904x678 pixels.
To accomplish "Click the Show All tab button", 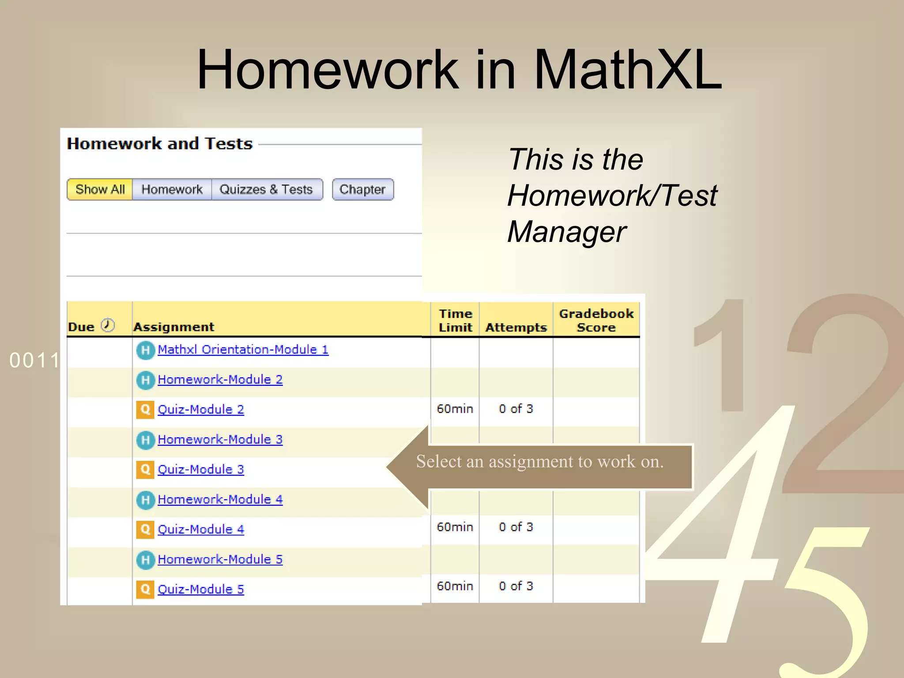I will coord(100,189).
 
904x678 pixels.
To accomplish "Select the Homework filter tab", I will coord(172,189).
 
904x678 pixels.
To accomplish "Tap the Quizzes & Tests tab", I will coord(266,189).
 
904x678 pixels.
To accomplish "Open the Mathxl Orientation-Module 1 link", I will coord(243,350).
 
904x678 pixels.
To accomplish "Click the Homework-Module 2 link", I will coord(220,380).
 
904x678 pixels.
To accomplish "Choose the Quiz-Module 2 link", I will coord(200,410).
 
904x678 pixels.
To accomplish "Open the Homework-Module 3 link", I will coord(220,440).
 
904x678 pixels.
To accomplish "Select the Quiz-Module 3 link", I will coord(200,470).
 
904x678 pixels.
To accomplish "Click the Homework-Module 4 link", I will coord(220,500).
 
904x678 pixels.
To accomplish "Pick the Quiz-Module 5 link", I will coord(200,589).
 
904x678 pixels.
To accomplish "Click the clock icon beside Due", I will coord(108,325).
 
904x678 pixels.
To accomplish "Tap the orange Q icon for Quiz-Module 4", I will coord(145,529).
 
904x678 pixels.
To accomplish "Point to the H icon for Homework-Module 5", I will coord(145,560).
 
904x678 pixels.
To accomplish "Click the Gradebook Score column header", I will coord(596,320).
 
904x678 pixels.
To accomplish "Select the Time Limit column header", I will coord(455,320).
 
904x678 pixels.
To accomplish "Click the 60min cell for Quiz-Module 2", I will coord(455,409).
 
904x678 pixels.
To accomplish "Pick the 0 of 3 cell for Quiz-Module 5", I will coord(516,586).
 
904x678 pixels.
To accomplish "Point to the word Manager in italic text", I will coord(566,232).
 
